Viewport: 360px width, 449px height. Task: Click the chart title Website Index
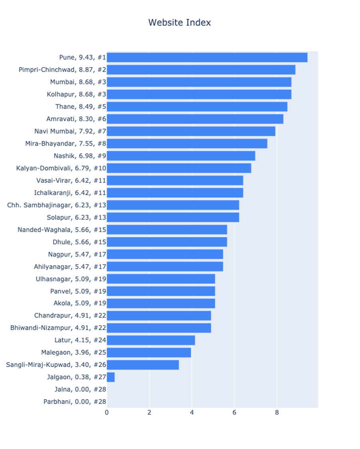180,23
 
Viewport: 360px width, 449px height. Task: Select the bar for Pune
207,57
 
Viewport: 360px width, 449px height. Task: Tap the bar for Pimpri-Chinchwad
201,70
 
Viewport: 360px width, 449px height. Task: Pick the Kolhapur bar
199,95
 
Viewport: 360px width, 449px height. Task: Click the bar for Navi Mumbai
191,131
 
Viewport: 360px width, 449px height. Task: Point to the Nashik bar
181,156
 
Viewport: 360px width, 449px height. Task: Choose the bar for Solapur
173,217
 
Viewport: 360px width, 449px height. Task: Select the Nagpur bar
165,254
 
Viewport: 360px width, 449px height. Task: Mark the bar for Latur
151,340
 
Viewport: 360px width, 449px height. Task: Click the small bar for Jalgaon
111,377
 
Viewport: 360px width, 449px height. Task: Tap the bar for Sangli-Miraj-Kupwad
143,365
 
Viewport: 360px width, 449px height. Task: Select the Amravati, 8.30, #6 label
76,119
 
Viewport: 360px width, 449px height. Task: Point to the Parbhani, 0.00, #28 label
75,402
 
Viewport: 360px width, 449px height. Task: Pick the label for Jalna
80,390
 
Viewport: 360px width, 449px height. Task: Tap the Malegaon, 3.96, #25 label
73,352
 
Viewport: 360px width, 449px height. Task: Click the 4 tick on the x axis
192,412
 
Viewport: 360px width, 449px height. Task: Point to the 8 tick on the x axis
277,412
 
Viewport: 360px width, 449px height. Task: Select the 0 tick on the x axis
107,412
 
